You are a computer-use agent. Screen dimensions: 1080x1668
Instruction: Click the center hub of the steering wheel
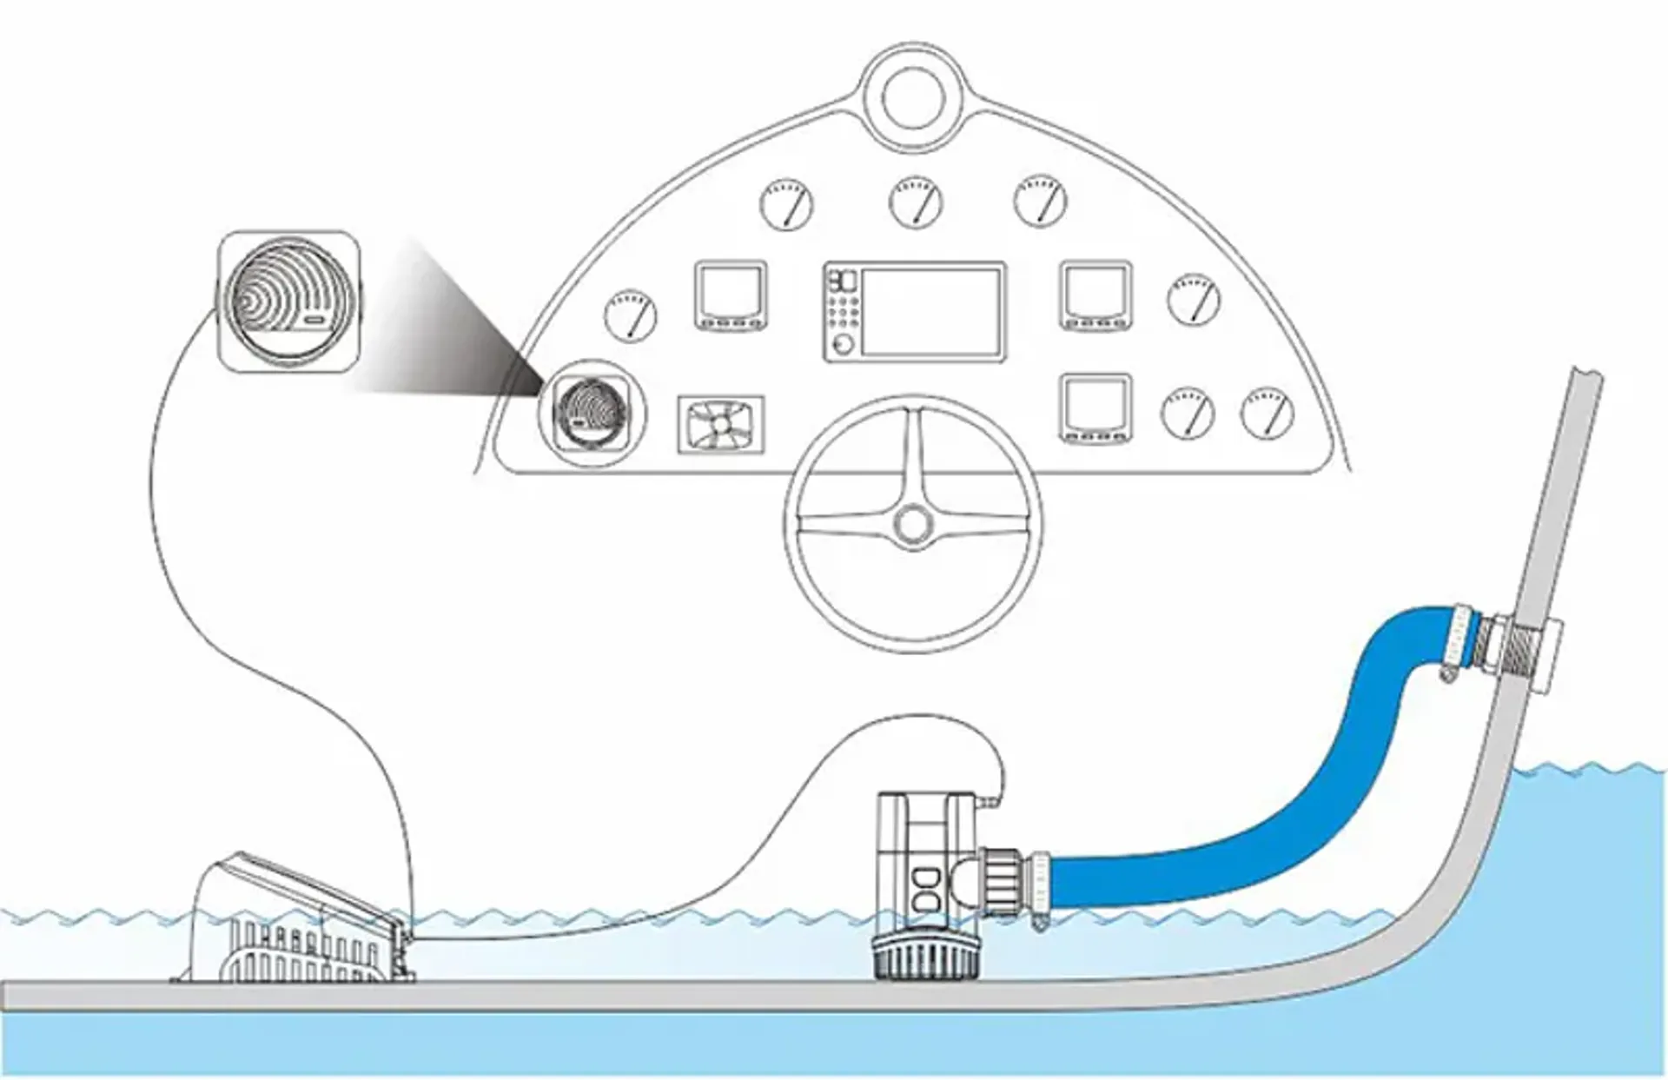912,524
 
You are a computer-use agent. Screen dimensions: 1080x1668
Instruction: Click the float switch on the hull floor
295,930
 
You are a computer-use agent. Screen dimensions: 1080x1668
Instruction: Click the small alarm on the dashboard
592,414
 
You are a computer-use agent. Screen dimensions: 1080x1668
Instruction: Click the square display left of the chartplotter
731,294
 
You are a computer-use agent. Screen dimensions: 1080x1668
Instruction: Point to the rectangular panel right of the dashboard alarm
721,424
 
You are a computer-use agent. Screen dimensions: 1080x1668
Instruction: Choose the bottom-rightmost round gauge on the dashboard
1268,413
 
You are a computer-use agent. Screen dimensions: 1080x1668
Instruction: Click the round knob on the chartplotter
841,344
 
